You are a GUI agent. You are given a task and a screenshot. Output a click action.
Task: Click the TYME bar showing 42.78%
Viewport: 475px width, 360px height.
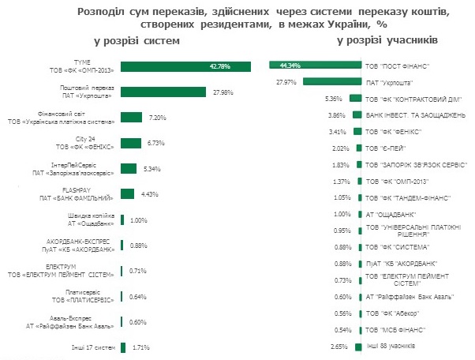click(185, 66)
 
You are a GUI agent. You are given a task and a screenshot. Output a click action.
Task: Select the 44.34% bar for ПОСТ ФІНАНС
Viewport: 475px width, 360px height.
click(313, 65)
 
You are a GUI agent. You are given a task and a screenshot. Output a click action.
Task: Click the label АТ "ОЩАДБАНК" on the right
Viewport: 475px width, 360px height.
click(391, 214)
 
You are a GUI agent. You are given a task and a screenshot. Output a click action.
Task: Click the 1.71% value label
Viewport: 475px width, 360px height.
click(141, 347)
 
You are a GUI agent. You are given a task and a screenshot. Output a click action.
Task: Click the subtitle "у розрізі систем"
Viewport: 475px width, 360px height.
click(136, 39)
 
